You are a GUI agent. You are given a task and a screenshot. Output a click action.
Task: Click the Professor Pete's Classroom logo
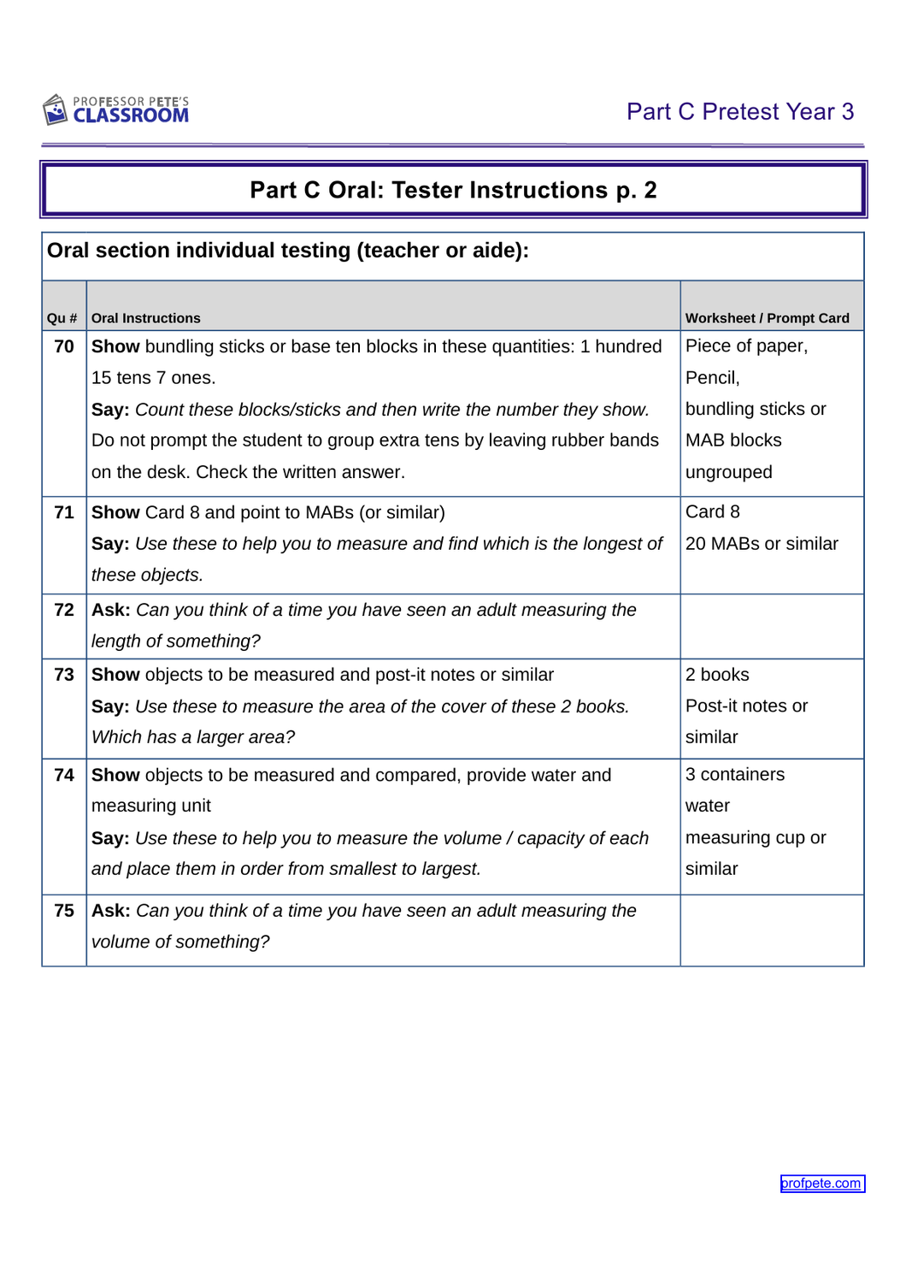[116, 110]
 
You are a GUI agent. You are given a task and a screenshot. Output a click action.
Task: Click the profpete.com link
[821, 1183]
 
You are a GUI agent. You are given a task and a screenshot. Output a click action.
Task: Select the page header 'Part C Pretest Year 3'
[739, 112]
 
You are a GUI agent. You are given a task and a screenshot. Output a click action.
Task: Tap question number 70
[64, 346]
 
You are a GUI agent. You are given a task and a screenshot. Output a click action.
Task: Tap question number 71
[64, 512]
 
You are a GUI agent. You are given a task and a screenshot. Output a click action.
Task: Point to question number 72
[64, 610]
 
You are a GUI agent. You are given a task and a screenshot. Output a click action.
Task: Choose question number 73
[64, 675]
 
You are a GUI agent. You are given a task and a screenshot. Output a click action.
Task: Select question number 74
[64, 775]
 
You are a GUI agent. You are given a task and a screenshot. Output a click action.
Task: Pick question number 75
[64, 911]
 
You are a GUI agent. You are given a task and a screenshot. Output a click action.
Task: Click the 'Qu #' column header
[62, 318]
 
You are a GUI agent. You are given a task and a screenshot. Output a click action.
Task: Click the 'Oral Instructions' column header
[146, 318]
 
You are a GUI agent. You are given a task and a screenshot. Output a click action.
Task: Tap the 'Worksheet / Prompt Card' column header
[767, 318]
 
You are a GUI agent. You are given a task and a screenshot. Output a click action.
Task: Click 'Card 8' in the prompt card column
[713, 511]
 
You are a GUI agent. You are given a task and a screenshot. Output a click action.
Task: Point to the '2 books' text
[717, 675]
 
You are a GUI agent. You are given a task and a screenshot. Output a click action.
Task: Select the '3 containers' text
[735, 774]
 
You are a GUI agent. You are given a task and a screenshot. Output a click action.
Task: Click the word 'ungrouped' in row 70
[728, 472]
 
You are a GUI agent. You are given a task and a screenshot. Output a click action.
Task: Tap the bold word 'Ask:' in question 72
[111, 610]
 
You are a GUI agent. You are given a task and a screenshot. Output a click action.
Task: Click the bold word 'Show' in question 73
[115, 675]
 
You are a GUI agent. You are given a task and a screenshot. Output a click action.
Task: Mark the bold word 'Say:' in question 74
[110, 838]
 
